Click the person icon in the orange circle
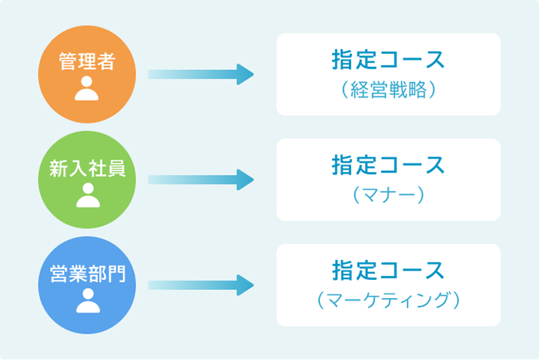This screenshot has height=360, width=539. (87, 88)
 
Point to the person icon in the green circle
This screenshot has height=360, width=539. (87, 194)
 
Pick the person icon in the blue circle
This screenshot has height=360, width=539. (87, 300)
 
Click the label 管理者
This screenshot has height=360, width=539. (87, 62)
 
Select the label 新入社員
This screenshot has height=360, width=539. (87, 168)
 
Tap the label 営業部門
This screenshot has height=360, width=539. (87, 273)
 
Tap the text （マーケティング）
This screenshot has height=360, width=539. (388, 300)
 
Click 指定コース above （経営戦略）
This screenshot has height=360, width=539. (388, 60)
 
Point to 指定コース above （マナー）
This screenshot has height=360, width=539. (388, 165)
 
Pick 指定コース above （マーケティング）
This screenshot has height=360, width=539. (388, 270)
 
